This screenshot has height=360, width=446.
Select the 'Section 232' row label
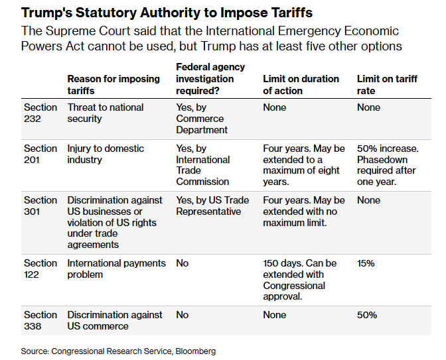pos(40,113)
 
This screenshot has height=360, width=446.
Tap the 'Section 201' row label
pos(40,154)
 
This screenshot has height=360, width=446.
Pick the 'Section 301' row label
pos(40,206)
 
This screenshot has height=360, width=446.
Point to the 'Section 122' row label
pos(40,269)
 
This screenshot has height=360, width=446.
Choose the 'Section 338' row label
pos(40,320)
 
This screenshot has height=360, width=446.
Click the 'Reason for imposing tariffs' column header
pos(113,84)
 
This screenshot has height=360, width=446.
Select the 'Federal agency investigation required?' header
pos(210,78)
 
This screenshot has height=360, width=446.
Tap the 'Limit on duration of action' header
pos(303,84)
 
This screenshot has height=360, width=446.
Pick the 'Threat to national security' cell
pos(106,113)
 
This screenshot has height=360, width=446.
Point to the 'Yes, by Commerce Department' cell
pos(202,119)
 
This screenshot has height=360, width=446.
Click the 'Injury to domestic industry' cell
pos(106,154)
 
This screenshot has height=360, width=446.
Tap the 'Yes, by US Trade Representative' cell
pos(212,206)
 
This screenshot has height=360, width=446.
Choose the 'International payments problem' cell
pos(116,269)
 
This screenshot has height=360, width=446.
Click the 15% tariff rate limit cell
pos(366,263)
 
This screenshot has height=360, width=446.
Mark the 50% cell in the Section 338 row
pos(367,315)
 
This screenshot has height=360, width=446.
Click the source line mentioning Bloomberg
pos(118,351)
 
